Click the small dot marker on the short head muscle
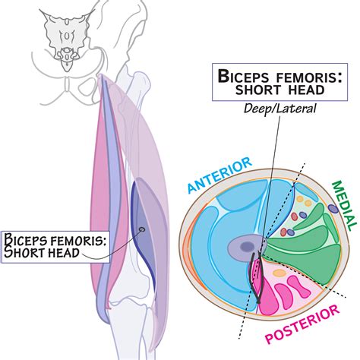click(141, 229)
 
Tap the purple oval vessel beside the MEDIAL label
click(333, 207)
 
